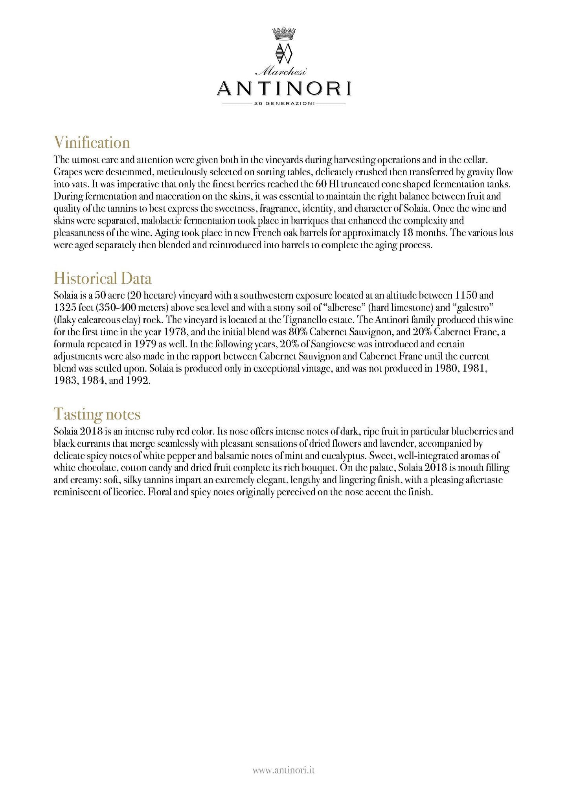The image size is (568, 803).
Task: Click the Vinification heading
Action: click(x=92, y=143)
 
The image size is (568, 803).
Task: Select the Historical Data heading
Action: click(x=102, y=279)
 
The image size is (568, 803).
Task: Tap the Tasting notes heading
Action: click(x=97, y=414)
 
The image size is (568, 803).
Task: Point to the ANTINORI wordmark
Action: click(x=284, y=89)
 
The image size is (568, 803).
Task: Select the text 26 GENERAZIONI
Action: click(x=284, y=104)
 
